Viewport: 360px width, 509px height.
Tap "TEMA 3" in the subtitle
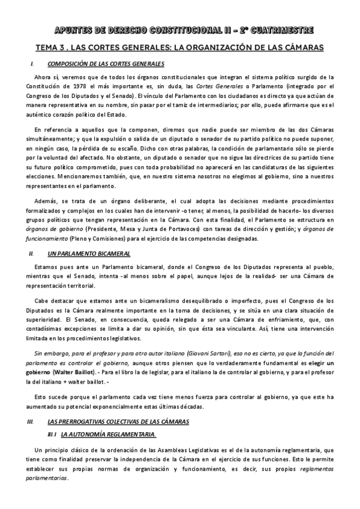pos(50,47)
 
